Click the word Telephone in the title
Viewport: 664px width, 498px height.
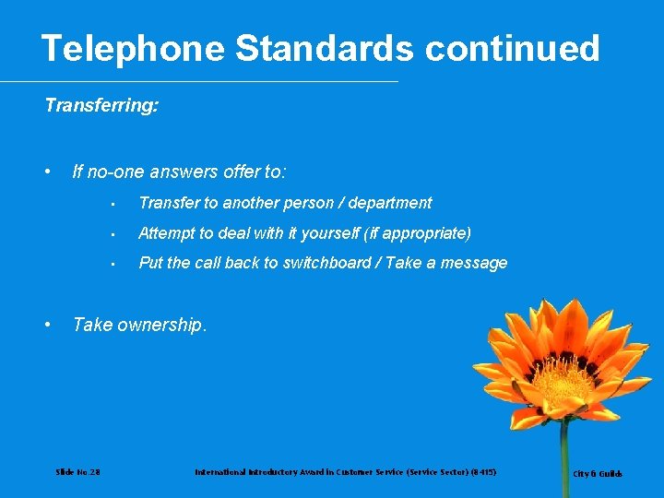coord(133,48)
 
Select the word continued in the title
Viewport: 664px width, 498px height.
coord(513,48)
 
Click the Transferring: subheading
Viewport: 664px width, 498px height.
coord(101,106)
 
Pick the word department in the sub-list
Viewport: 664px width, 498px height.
coord(392,203)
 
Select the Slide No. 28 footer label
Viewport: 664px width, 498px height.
coord(78,472)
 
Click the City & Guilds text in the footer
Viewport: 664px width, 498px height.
coord(598,474)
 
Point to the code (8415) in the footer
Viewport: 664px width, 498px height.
coord(481,472)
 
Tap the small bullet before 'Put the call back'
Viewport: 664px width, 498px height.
coord(110,264)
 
